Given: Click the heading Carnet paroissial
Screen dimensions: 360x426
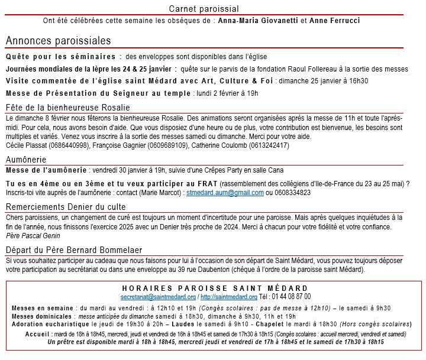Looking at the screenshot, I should click(x=204, y=8).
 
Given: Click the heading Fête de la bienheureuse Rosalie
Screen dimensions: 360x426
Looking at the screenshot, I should click(x=67, y=108).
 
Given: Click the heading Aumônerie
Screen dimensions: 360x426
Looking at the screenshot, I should click(x=26, y=160).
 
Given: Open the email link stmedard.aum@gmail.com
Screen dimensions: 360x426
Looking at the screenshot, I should click(x=225, y=193).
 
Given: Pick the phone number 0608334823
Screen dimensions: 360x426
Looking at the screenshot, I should click(x=292, y=193).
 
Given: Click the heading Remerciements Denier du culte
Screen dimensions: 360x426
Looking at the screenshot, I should click(x=66, y=207).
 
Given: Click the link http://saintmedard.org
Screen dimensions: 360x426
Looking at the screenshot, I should click(x=228, y=297).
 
